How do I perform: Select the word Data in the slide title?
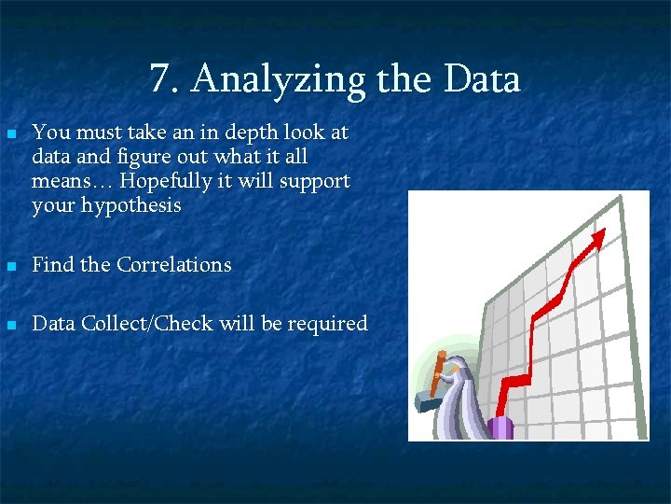point(482,80)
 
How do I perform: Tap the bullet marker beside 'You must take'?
point(11,134)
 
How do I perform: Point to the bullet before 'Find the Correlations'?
point(11,266)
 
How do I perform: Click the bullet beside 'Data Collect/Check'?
point(11,325)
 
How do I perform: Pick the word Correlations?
point(173,265)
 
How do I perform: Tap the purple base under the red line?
point(500,427)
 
